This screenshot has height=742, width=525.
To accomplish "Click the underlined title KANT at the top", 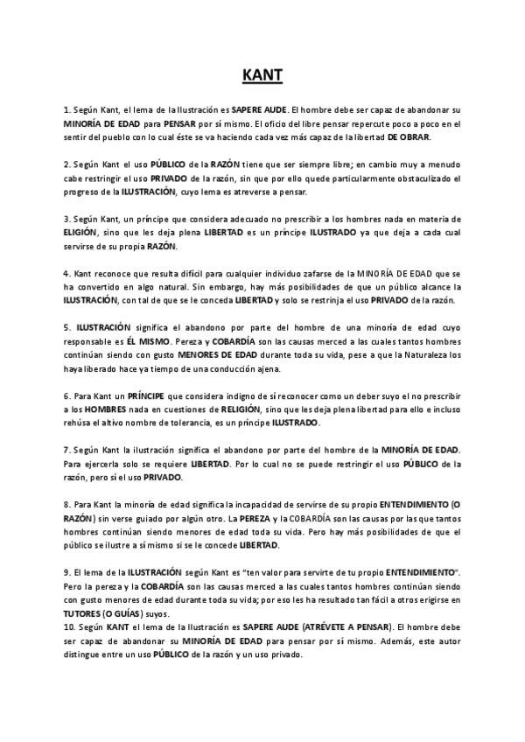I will point(262,75).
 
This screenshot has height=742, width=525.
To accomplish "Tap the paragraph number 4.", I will point(66,274).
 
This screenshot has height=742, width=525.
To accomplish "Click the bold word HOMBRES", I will point(102,409).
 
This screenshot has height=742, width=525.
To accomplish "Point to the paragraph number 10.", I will point(69,628).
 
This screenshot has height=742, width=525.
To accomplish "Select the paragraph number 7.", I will point(66,451).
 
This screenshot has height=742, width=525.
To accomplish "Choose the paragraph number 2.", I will point(66,164).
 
